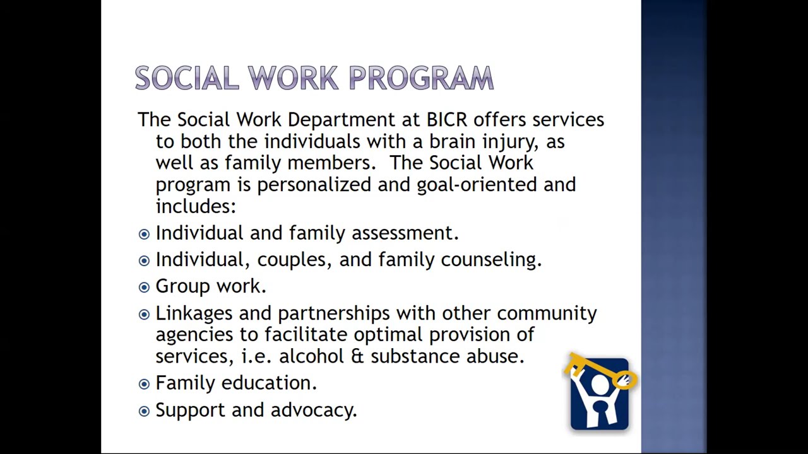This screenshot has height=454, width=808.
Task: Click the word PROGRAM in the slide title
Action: coord(421,78)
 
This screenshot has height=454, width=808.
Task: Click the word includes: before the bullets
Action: coord(196,206)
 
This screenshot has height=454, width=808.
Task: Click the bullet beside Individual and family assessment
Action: coord(144,234)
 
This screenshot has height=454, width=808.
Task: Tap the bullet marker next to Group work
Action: coord(144,287)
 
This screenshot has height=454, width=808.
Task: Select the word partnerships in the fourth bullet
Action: coord(336,313)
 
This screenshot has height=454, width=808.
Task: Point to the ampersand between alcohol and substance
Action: coord(357,356)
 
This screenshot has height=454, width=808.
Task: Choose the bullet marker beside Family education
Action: coord(144,384)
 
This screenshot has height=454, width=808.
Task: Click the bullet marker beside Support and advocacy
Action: coord(144,411)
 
